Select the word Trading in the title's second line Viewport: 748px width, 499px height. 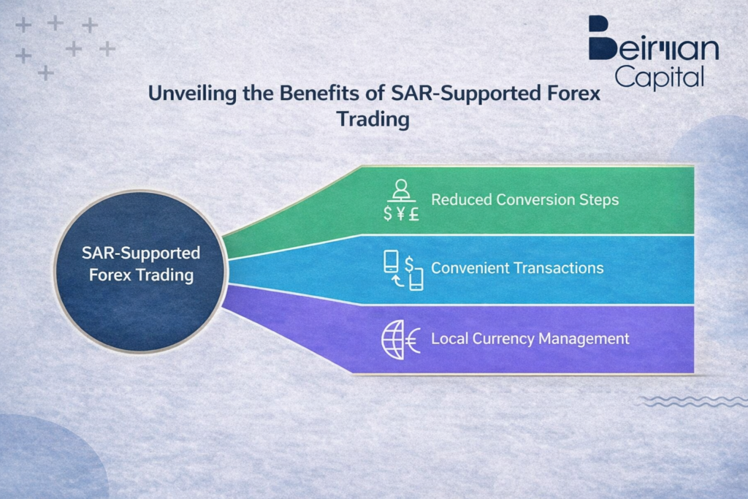coord(373,119)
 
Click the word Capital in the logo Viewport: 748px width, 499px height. coord(659,75)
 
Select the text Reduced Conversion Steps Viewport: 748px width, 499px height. coord(524,199)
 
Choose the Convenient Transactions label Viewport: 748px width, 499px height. coord(517,268)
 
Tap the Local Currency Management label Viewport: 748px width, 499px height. coord(530,339)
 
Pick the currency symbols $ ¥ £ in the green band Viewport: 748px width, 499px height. coord(400,215)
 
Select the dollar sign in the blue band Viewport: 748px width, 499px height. coord(409,262)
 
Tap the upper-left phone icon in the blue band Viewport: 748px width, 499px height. coord(392,262)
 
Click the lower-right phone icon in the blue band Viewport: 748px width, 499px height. coord(416,279)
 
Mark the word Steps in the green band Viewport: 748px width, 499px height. coord(600,199)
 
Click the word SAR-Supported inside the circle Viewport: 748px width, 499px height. coord(141,254)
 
